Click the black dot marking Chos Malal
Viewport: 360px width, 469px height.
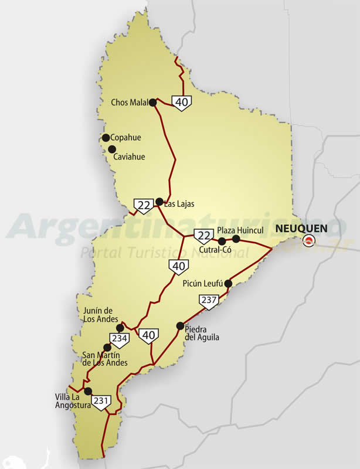tap(152, 102)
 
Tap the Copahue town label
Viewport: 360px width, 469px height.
tap(125, 138)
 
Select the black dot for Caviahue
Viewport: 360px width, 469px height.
tap(112, 149)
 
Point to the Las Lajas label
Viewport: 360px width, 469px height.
tap(178, 204)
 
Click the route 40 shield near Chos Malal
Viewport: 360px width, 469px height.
tap(182, 103)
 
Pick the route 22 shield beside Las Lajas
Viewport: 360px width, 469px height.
tap(143, 205)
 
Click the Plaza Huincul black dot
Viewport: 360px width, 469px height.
tap(236, 239)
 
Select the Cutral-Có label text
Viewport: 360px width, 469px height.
tap(216, 250)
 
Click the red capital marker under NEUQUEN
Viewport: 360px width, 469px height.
tap(308, 239)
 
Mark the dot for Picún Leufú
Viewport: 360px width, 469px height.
tap(228, 283)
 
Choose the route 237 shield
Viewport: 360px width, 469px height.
tap(209, 301)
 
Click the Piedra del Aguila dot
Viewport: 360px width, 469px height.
tap(180, 325)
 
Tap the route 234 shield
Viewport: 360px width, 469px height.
tap(120, 339)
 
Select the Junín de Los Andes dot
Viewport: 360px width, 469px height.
tap(120, 328)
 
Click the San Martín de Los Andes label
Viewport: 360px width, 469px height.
tap(105, 358)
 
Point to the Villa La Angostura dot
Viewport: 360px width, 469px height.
tap(87, 391)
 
